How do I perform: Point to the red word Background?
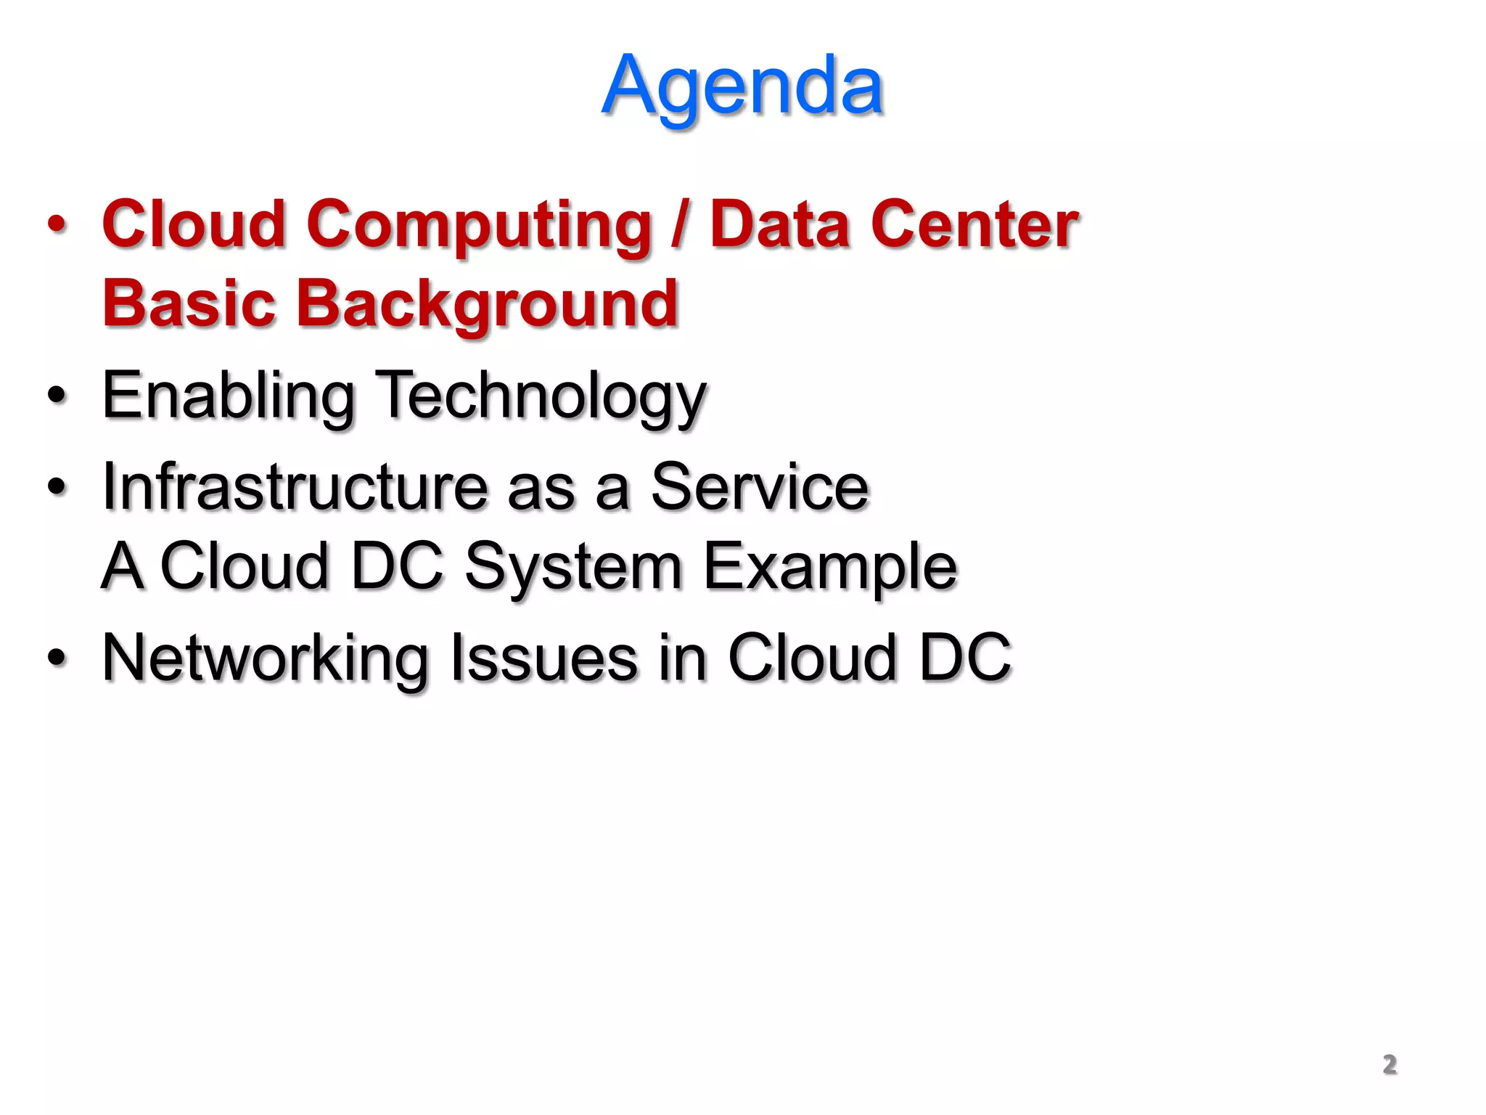[487, 305]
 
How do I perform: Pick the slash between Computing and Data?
[680, 225]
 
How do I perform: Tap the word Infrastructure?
[295, 487]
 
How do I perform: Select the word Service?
[760, 487]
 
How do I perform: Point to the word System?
[573, 567]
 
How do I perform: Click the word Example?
[830, 567]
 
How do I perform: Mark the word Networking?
[266, 658]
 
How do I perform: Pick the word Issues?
[544, 658]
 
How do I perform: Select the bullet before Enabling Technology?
[57, 396]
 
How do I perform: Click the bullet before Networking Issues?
[57, 658]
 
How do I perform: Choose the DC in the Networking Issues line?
[965, 658]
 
